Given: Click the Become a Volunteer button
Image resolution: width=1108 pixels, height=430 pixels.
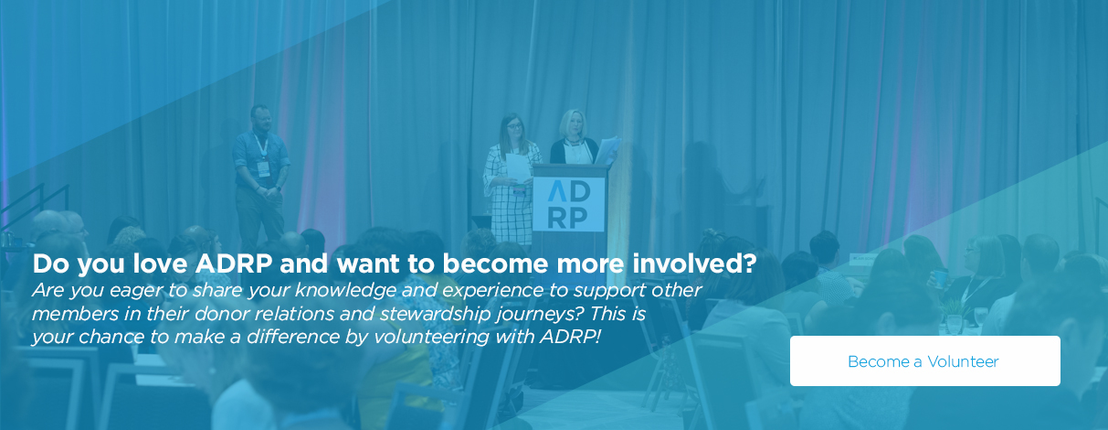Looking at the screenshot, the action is (925, 360).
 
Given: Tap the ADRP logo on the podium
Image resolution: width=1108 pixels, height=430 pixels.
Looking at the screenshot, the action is (569, 205).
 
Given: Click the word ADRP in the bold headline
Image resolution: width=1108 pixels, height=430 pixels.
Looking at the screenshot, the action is (234, 263).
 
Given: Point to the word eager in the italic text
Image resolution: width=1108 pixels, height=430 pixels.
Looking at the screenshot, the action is (135, 291).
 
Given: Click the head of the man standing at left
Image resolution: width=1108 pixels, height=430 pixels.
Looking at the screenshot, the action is (260, 117).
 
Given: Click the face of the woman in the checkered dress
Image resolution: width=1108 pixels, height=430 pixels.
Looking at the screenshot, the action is (514, 126).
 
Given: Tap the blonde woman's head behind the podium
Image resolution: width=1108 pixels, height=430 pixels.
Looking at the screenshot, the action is (573, 123).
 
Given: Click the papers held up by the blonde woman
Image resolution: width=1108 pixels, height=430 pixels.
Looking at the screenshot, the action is (608, 150).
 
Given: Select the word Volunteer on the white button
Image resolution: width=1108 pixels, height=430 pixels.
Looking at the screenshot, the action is (963, 361).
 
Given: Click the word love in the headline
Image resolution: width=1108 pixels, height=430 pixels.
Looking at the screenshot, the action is (160, 263).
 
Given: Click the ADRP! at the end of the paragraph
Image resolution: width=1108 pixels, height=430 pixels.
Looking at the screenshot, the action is (569, 337).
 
